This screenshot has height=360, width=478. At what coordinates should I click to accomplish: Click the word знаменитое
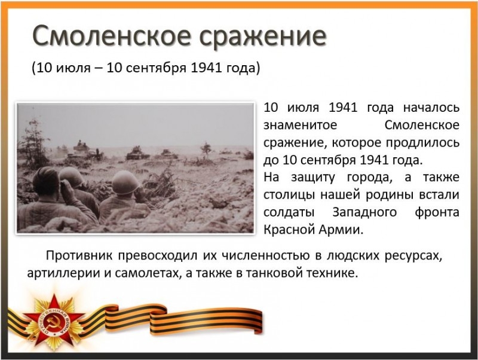pos(301,125)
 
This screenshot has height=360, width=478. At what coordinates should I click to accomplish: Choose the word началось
pos(431,108)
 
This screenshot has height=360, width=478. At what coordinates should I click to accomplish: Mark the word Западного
pos(364,212)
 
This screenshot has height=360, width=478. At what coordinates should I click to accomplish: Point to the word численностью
pos(265,255)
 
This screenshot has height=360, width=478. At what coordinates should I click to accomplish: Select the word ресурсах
pos(413,256)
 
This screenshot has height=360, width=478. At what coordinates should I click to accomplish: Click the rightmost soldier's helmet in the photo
pos(125,182)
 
